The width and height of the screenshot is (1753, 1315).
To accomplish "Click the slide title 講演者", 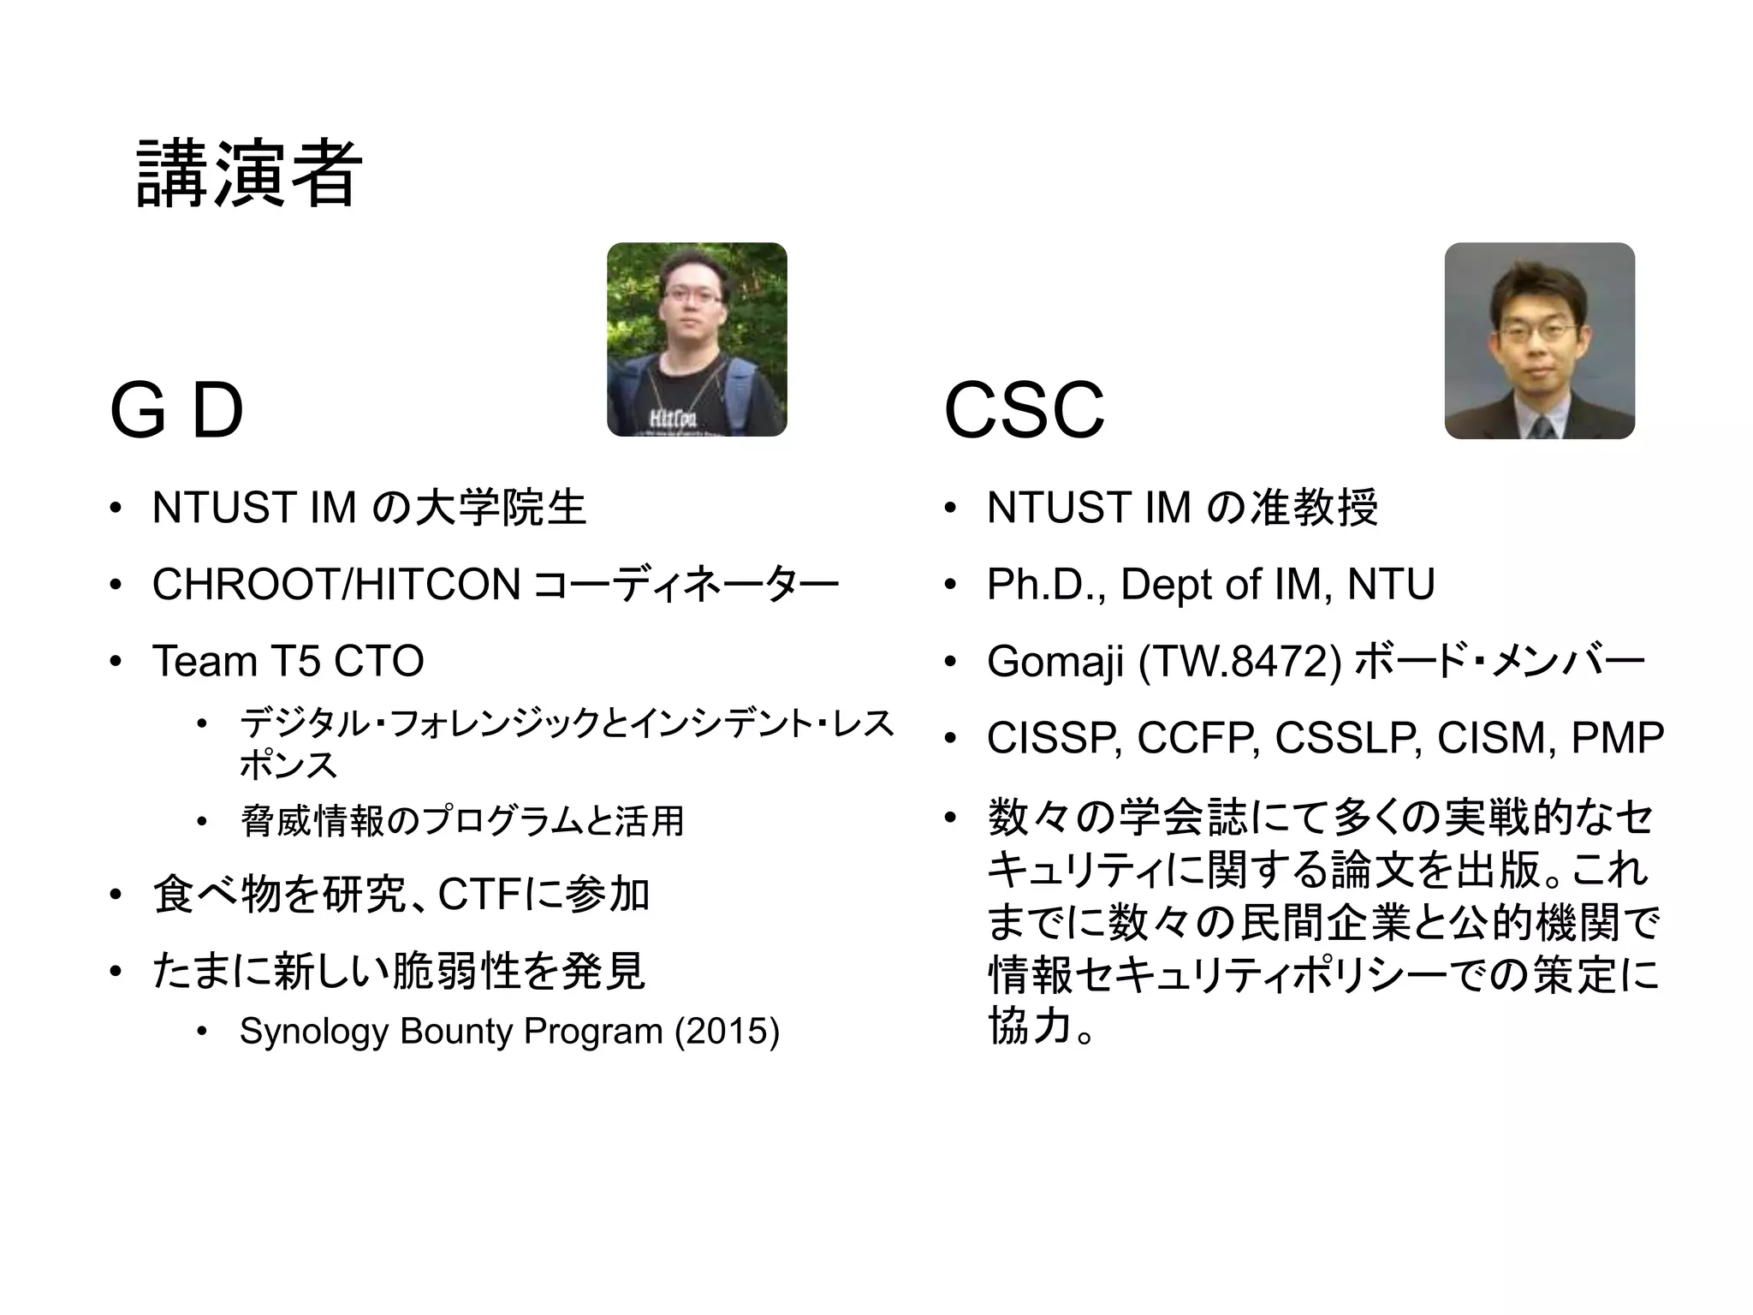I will (248, 175).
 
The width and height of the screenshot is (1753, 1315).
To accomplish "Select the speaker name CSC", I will (1024, 411).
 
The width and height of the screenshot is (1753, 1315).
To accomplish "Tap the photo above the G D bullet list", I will (697, 340).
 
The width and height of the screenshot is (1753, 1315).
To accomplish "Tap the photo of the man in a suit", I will (1539, 341).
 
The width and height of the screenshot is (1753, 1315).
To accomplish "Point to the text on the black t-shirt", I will (673, 419).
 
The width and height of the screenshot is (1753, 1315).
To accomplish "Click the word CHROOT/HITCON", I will (336, 585).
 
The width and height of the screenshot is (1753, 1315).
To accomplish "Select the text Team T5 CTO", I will (288, 661).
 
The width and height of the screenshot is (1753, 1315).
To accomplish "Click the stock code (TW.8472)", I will (1239, 662).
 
